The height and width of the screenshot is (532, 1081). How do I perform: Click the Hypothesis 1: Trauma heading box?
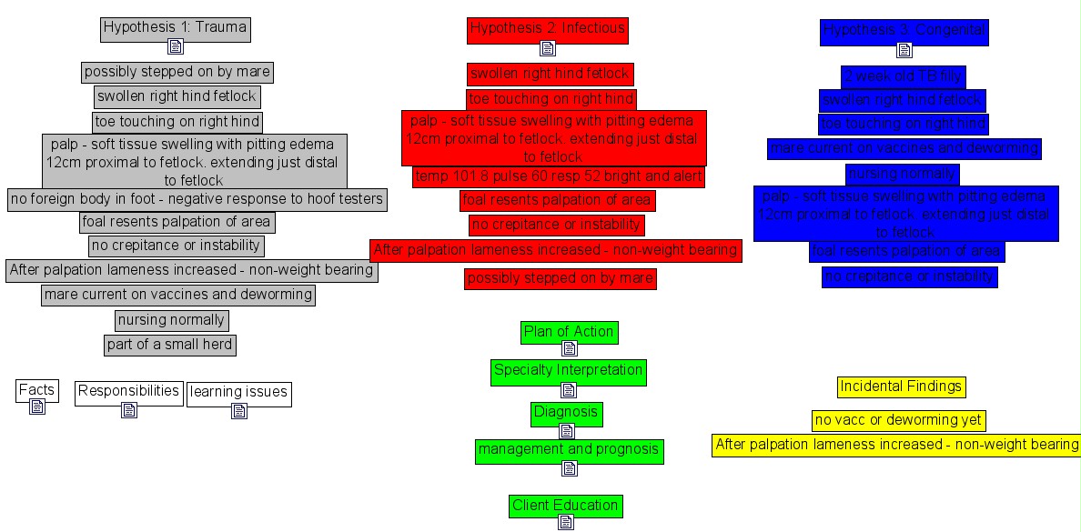(175, 28)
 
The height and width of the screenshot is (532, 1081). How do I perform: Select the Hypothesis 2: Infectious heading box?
(547, 30)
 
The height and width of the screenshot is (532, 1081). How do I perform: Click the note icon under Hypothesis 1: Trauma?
(176, 47)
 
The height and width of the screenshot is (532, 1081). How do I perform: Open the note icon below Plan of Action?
(570, 351)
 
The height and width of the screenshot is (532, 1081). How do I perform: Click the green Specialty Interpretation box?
(569, 371)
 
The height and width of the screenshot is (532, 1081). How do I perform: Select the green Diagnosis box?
(566, 413)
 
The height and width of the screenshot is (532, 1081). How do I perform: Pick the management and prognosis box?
(569, 450)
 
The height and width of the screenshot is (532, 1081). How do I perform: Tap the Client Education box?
(565, 507)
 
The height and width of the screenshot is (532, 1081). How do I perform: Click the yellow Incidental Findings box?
(901, 387)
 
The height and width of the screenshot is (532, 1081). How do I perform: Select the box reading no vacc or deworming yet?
(898, 421)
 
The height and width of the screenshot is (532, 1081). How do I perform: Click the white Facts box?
(36, 391)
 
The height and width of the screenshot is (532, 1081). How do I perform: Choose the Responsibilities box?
(128, 392)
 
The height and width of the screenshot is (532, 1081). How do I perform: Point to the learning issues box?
(238, 393)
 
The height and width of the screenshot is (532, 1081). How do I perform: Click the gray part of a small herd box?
(170, 346)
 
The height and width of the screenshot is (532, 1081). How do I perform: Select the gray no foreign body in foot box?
(197, 199)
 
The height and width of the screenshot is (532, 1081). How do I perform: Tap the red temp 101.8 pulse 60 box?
(558, 176)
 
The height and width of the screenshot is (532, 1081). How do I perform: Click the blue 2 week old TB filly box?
(902, 76)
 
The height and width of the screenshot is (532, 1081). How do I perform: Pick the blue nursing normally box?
(902, 174)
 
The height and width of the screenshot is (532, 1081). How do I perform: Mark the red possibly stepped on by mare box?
(560, 278)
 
